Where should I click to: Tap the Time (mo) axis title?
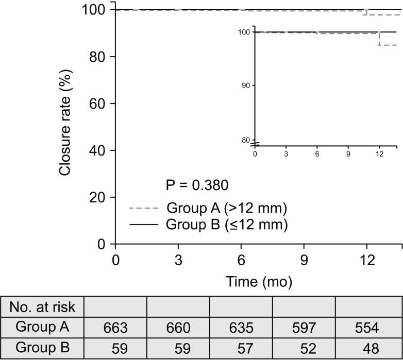(259, 281)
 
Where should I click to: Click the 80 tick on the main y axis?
(96, 57)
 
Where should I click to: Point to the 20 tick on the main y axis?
(96, 197)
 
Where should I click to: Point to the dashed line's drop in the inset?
(379, 39)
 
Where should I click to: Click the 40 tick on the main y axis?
(96, 150)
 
